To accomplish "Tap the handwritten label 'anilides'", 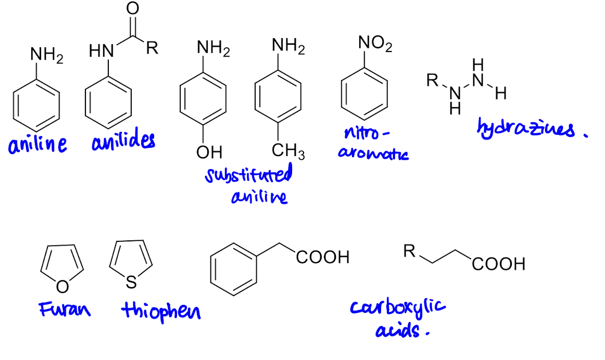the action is coord(123,140).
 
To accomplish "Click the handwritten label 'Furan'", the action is coord(65,309).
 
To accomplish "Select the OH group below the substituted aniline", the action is coord(209,152).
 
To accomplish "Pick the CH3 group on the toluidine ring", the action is coord(288,151).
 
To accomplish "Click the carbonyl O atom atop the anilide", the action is coord(132,8).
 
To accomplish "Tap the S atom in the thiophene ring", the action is coord(131,282).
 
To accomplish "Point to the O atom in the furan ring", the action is coord(62,286).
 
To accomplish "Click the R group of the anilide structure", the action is coord(152,48).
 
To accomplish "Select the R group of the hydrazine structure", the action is coord(432,80).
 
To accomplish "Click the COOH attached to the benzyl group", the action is coord(323,257).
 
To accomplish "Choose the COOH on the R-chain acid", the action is coord(498,264).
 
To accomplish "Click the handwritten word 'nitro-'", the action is coord(367,133).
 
